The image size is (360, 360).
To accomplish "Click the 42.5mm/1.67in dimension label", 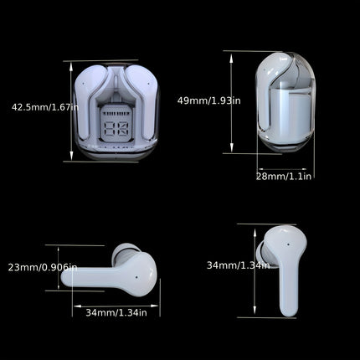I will [44, 107].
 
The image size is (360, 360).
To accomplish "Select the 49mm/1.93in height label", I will [208, 100].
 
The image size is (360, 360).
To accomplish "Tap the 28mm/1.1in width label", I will [285, 176].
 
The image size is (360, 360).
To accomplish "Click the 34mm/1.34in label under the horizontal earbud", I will [116, 312].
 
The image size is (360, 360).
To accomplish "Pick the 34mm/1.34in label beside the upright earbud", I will [238, 265].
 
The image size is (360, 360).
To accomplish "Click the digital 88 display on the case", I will [117, 129].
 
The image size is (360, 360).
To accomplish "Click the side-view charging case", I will [283, 105].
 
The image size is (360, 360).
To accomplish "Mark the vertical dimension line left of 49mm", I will [231, 102].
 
